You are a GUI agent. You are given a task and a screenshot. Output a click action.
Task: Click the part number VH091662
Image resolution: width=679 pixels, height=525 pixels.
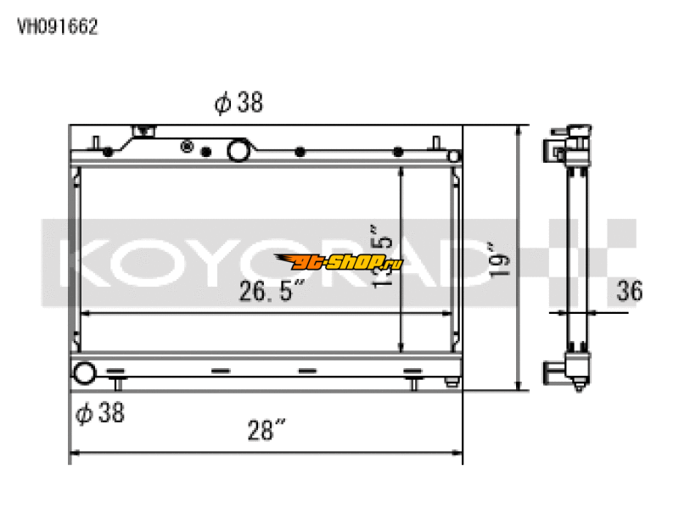pos(58,26)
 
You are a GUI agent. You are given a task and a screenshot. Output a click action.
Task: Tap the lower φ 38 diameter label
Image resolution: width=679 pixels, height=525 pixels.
pos(100,413)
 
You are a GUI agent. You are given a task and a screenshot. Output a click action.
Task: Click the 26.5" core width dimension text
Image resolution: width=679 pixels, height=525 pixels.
pos(271,292)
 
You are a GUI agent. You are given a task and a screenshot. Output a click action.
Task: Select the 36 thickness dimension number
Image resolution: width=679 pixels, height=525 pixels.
pos(630,292)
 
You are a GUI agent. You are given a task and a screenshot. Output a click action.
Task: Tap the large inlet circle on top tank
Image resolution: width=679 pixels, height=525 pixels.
pos(238,151)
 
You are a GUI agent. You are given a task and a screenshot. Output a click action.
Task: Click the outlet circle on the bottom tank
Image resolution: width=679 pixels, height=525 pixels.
pos(85,373)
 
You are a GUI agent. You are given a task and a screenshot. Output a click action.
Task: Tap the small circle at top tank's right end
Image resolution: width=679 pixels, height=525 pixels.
pos(454,156)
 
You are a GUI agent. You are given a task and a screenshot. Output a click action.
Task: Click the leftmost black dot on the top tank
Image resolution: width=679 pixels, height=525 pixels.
pos(108,154)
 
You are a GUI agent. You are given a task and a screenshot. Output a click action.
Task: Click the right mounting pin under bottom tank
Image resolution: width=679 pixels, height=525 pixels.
pos(414,383)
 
